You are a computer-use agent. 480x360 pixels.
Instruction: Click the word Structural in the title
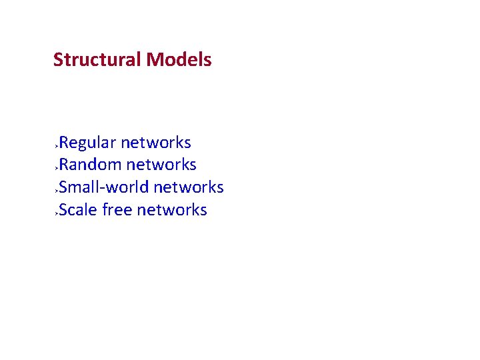tap(97, 59)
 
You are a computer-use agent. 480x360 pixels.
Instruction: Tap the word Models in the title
tap(179, 59)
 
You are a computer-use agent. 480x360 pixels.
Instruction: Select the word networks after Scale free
tap(172, 210)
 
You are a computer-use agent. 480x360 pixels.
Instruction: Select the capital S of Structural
tap(58, 59)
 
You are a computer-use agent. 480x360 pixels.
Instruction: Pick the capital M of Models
tap(155, 59)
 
